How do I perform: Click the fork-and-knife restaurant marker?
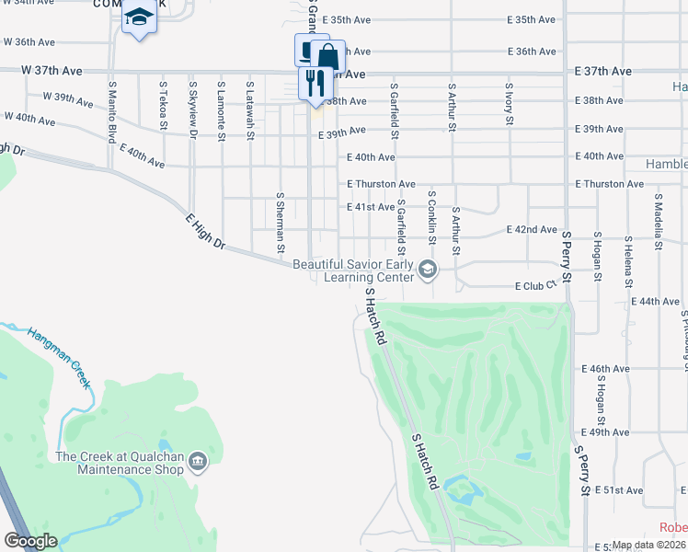coord(315,84)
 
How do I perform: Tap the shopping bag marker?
coord(327,57)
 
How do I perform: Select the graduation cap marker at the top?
coord(139,17)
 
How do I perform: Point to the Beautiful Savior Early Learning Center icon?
coord(427,270)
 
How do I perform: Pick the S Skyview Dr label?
coord(193,109)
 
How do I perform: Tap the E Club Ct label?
coord(535,286)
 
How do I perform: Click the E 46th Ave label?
coord(604,368)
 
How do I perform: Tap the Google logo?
coord(30,541)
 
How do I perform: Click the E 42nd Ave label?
coord(533,229)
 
